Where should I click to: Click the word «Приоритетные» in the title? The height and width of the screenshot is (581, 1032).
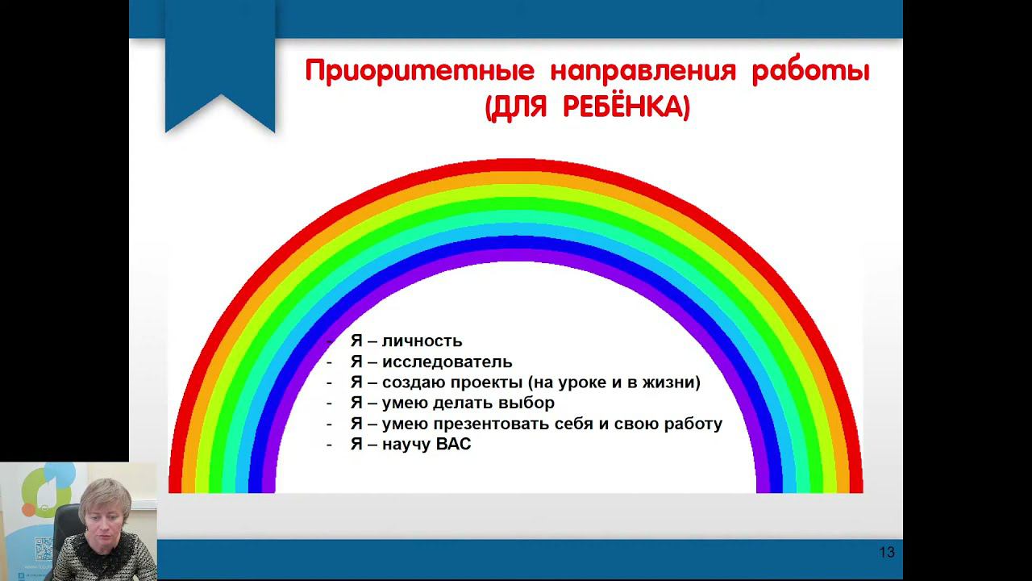click(420, 73)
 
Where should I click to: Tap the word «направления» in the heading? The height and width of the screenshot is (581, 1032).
click(643, 73)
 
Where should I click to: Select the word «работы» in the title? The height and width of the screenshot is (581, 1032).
click(811, 72)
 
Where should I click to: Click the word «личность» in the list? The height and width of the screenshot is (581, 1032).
click(422, 341)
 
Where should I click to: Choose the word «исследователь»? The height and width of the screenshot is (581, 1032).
click(447, 362)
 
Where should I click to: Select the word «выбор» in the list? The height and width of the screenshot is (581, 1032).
click(526, 403)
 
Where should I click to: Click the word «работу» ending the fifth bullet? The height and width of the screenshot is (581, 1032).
click(693, 424)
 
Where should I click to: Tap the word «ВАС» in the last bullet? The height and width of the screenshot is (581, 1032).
click(453, 445)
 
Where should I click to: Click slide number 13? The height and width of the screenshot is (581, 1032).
click(887, 553)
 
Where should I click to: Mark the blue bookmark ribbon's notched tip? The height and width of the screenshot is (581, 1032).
click(221, 95)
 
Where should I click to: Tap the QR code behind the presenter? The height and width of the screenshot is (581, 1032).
click(44, 549)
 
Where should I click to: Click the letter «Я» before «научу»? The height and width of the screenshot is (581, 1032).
click(356, 445)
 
